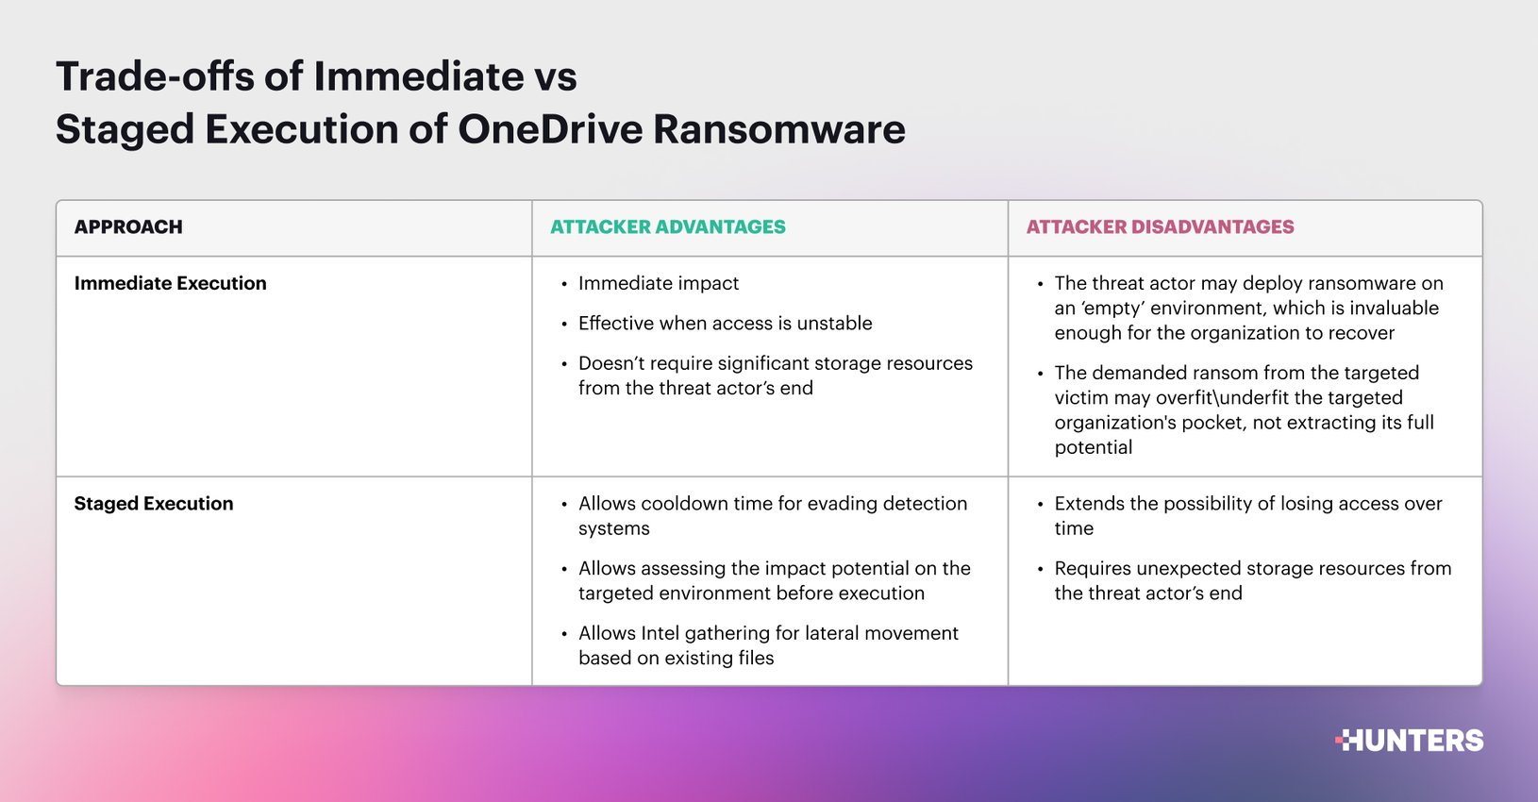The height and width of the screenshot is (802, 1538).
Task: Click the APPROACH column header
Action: click(128, 227)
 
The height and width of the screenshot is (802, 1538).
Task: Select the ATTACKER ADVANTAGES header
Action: click(667, 227)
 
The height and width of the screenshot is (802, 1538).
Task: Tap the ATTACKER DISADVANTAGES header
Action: click(1160, 227)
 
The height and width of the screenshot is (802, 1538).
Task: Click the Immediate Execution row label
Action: click(170, 283)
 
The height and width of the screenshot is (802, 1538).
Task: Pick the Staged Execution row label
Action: click(154, 504)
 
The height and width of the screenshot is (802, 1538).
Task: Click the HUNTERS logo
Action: click(1411, 741)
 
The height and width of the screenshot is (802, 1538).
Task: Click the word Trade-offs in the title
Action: click(155, 76)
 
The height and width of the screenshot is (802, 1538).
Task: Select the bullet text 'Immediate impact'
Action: click(659, 283)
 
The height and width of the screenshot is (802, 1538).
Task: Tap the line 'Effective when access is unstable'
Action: click(725, 324)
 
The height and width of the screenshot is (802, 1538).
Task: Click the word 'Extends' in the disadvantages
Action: click(1089, 504)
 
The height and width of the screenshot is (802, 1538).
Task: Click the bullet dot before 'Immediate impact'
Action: click(564, 284)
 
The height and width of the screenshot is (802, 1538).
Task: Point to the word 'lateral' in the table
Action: click(829, 633)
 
